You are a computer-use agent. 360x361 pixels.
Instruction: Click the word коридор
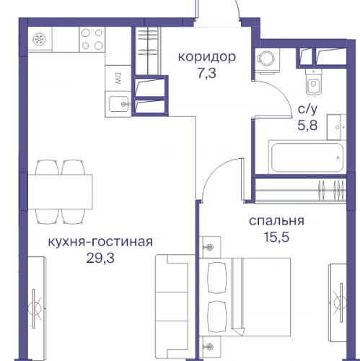click(208, 56)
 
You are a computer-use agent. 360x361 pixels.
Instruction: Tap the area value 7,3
click(208, 73)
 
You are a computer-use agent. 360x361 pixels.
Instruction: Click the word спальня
click(276, 222)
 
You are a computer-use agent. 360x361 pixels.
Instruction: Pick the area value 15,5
click(276, 238)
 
